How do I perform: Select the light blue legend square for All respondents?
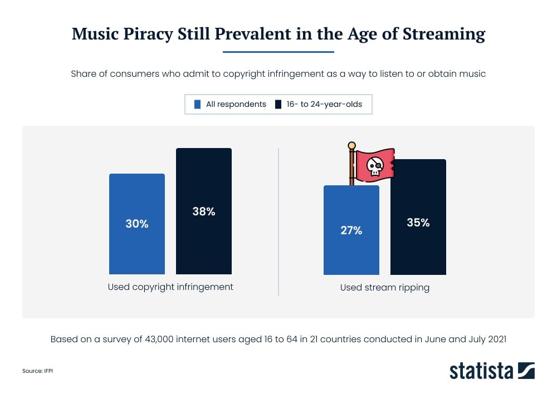[197, 104]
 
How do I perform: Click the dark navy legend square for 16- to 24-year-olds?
[278, 104]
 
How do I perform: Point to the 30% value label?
[136, 224]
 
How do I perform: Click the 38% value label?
[204, 211]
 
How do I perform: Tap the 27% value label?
[351, 230]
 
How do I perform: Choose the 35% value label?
[418, 223]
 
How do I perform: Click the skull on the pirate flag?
[374, 165]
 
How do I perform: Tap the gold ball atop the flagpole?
[351, 146]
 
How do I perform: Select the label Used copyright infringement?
[170, 287]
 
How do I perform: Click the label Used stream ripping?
[385, 288]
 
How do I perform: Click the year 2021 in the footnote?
[495, 339]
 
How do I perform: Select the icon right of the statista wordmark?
[526, 370]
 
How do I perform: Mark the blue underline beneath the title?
[278, 52]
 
